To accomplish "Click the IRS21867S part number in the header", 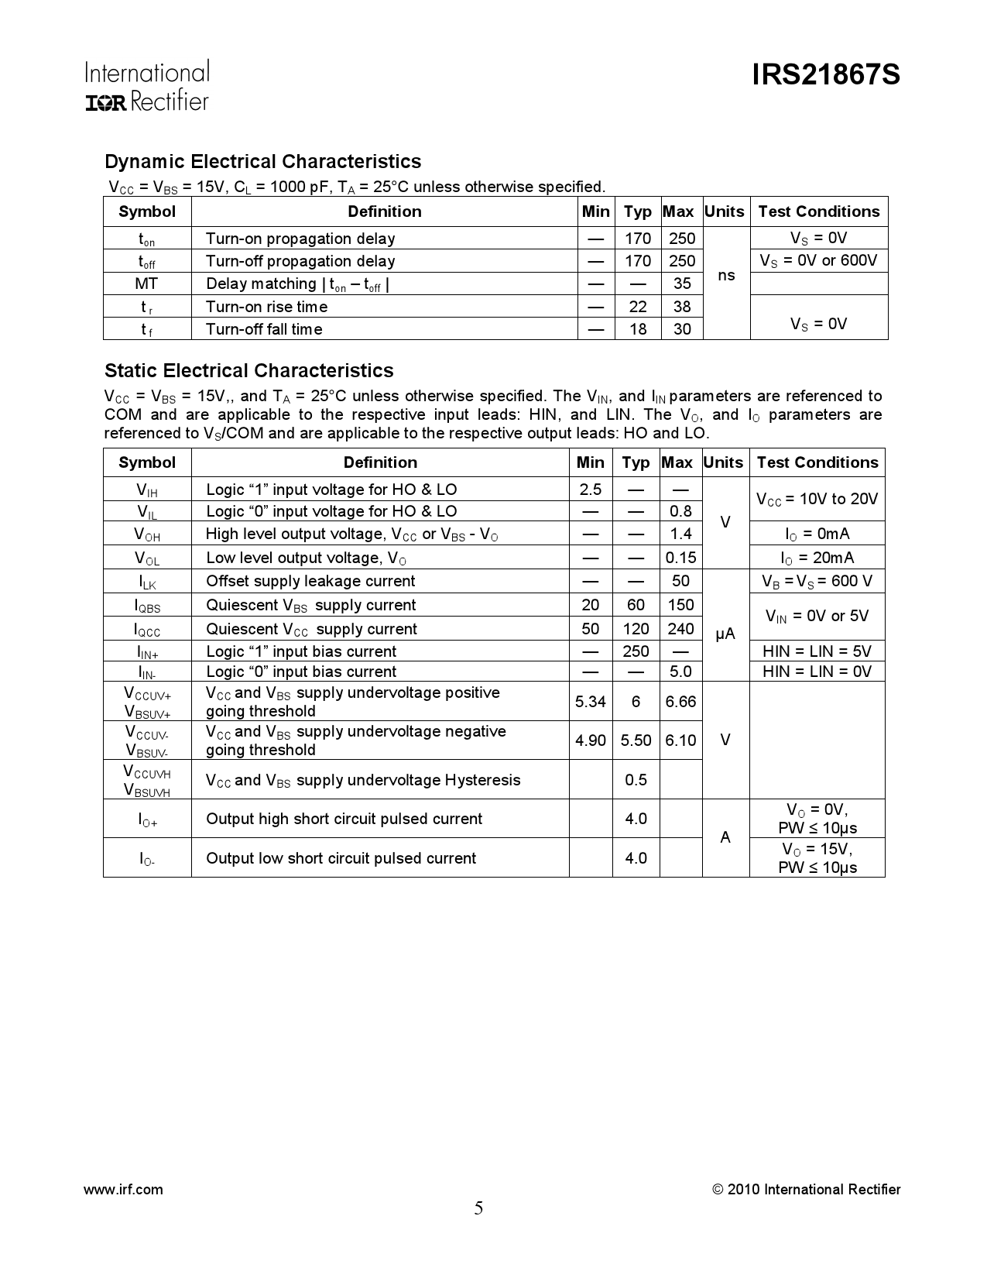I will (x=825, y=76).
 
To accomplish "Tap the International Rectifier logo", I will (x=146, y=86).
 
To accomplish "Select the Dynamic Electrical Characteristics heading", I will (x=262, y=162).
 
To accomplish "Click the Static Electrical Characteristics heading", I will (x=248, y=370).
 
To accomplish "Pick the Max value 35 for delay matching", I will (x=681, y=283).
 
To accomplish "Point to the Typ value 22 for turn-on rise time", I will (x=638, y=307).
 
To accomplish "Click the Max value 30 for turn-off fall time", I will (x=681, y=329).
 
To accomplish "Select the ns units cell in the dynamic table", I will (x=726, y=276).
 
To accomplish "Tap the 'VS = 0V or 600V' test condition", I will (x=818, y=260).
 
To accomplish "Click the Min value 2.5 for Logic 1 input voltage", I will (x=590, y=490).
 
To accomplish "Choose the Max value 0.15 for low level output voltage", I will (x=680, y=558).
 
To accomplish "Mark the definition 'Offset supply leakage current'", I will (x=310, y=581).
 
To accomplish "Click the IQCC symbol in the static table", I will (x=147, y=630).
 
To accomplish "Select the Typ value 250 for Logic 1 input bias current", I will (x=636, y=651).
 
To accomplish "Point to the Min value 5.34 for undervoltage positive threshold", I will (x=590, y=702).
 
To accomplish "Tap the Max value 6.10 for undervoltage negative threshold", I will (x=680, y=740).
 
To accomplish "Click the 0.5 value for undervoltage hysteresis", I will (x=636, y=780).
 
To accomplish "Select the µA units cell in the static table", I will (x=725, y=634).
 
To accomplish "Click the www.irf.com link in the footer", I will (x=123, y=1190).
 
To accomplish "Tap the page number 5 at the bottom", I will (x=478, y=1208).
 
